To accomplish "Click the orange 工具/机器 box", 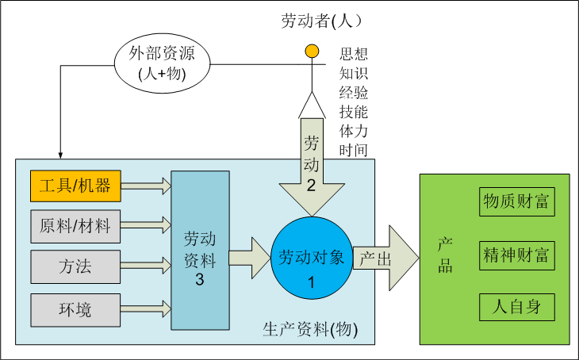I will (x=76, y=186).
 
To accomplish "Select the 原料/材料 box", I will (x=76, y=227).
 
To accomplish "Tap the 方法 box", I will (x=76, y=266).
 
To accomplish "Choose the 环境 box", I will (x=76, y=308).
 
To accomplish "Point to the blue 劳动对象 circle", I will (x=311, y=258).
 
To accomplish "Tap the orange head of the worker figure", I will (x=313, y=53).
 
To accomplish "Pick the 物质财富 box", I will (x=516, y=201).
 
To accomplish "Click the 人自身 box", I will (x=516, y=306).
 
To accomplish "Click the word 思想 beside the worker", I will (x=353, y=55).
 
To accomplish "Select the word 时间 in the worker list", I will (x=353, y=148).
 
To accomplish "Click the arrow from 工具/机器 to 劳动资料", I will (x=146, y=186).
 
